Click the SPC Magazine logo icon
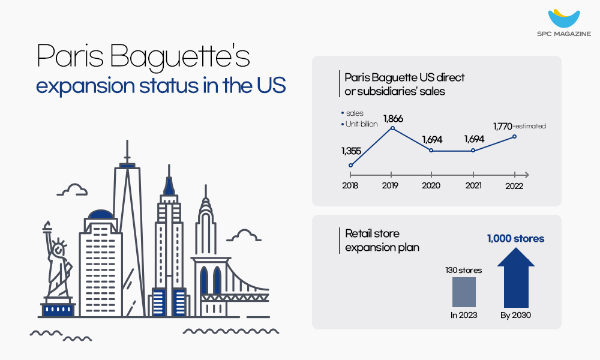[564, 18]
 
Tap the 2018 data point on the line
[350, 165]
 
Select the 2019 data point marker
[392, 128]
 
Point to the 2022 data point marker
[514, 137]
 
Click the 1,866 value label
[393, 119]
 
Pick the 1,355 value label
[351, 151]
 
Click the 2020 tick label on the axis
[431, 185]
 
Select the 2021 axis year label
[473, 185]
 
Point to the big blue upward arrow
[516, 277]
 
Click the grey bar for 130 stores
[464, 292]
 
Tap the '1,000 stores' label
[515, 239]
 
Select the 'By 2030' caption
[515, 315]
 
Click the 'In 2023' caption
[464, 315]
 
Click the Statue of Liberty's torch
[47, 226]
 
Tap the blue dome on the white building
[101, 214]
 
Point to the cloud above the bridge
[244, 235]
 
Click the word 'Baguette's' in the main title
[180, 56]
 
